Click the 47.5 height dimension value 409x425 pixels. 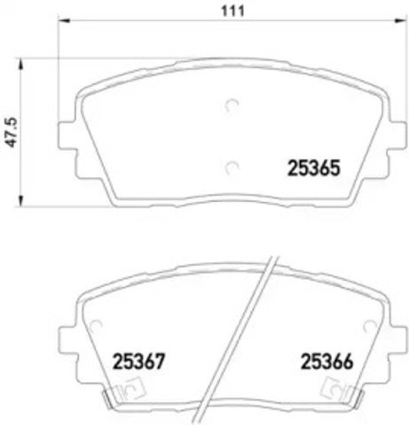click(11, 132)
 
